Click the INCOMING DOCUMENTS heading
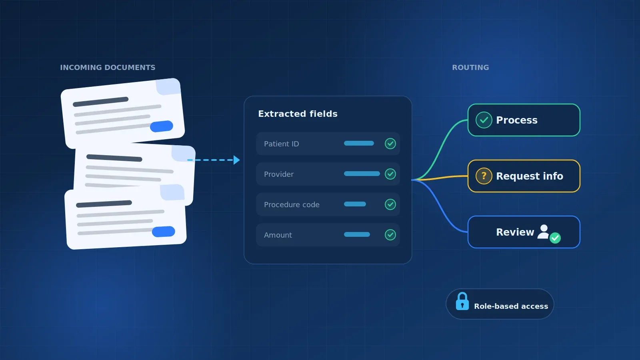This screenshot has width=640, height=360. [108, 68]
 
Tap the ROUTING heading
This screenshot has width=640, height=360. [470, 68]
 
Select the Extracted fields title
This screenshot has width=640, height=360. [298, 114]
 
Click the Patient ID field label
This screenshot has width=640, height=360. [282, 144]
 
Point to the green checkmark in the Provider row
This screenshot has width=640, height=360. [390, 174]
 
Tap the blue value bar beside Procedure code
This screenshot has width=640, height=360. [355, 204]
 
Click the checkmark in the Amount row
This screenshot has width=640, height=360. [390, 235]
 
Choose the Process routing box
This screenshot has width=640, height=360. [524, 120]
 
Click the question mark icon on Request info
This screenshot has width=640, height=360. [484, 176]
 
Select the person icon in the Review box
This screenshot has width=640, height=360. [544, 232]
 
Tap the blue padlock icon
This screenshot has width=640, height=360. [462, 301]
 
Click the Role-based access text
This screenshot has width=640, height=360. [511, 306]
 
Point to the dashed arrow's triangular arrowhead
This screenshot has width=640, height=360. [236, 160]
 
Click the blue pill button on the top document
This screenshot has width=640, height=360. [162, 126]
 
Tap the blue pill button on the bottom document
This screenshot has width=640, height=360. [164, 232]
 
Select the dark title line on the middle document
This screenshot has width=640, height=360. [114, 158]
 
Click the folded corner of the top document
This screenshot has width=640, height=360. [168, 86]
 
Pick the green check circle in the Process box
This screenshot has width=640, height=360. [484, 120]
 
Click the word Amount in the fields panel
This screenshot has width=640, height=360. [278, 235]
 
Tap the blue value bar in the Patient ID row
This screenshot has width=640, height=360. [359, 143]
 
